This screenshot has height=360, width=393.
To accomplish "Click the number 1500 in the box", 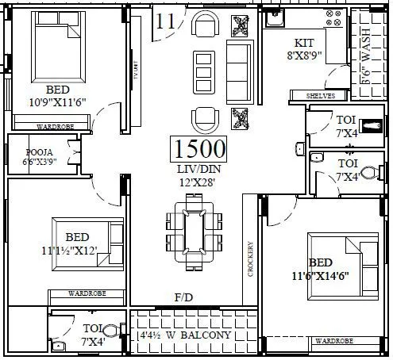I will tap(198, 149).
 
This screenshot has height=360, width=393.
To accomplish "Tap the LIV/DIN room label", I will tap(198, 170).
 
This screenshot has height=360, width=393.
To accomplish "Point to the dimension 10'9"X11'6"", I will tap(57, 101).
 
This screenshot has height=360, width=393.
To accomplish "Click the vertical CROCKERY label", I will tap(249, 259).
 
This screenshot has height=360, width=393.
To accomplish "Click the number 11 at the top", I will tap(165, 21).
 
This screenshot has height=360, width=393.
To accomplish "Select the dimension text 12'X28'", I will tap(198, 182).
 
